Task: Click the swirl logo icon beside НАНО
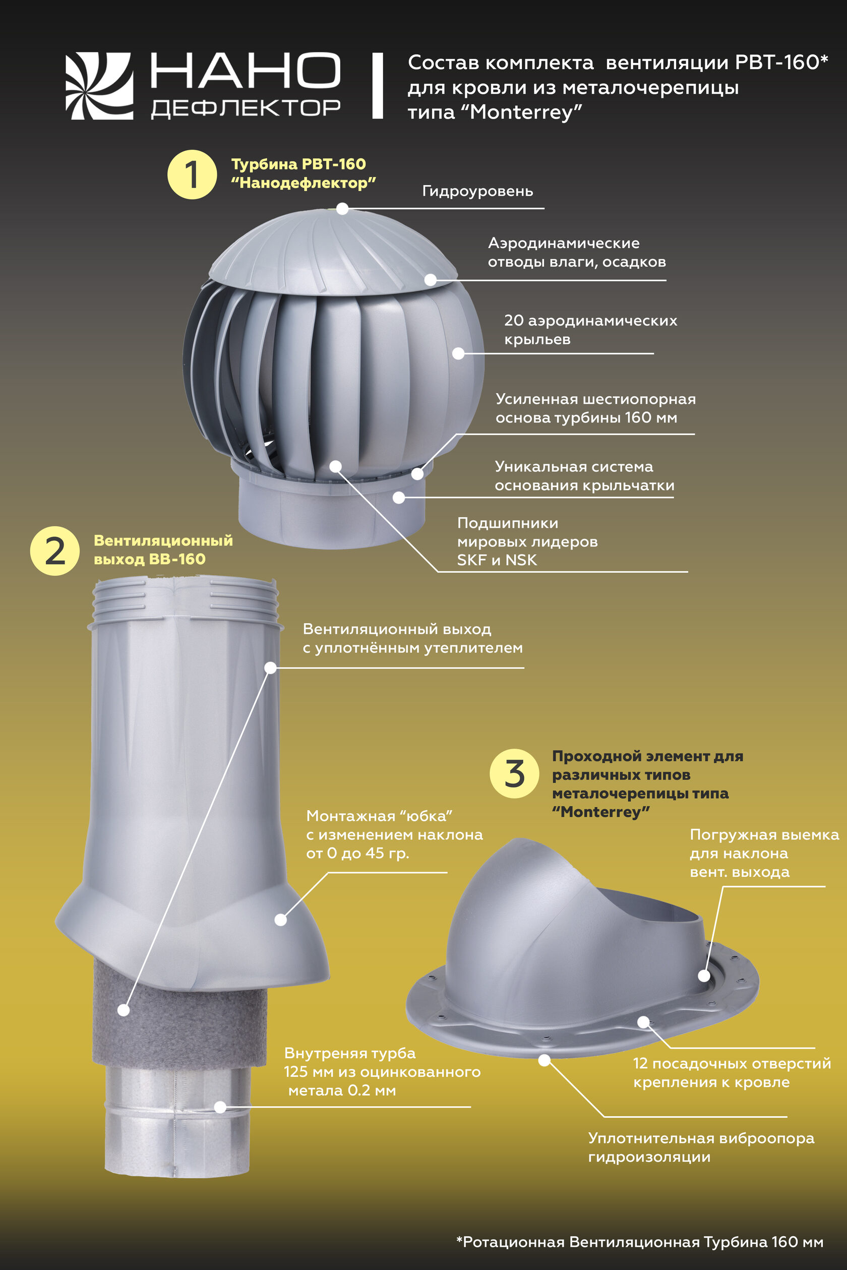(x=99, y=86)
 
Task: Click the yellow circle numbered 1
(x=192, y=174)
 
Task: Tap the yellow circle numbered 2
(x=54, y=551)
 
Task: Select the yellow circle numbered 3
(x=514, y=773)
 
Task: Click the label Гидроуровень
(x=477, y=191)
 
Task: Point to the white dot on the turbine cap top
(x=342, y=209)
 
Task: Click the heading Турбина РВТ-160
(x=298, y=164)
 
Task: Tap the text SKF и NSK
(x=497, y=560)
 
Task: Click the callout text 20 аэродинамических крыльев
(x=590, y=330)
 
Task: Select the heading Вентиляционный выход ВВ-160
(x=163, y=550)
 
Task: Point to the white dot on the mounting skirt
(x=281, y=920)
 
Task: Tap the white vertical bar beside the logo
(x=378, y=85)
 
